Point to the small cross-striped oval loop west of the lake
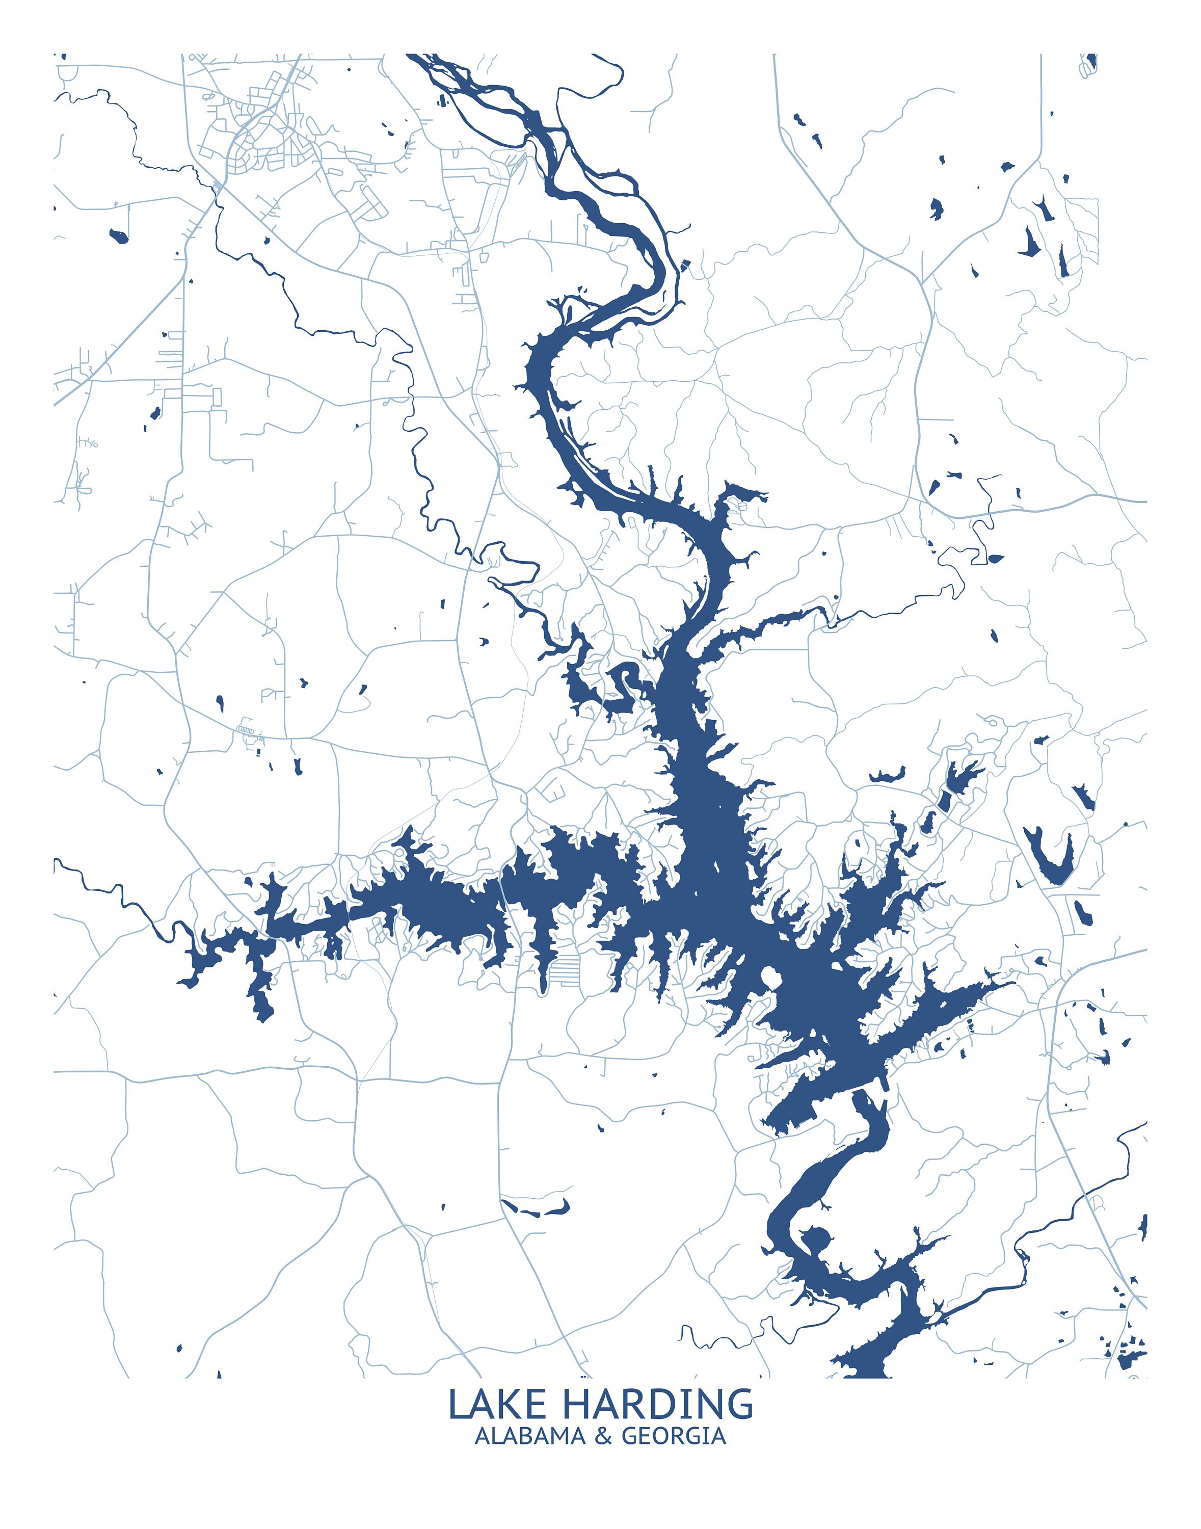coord(246,729)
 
